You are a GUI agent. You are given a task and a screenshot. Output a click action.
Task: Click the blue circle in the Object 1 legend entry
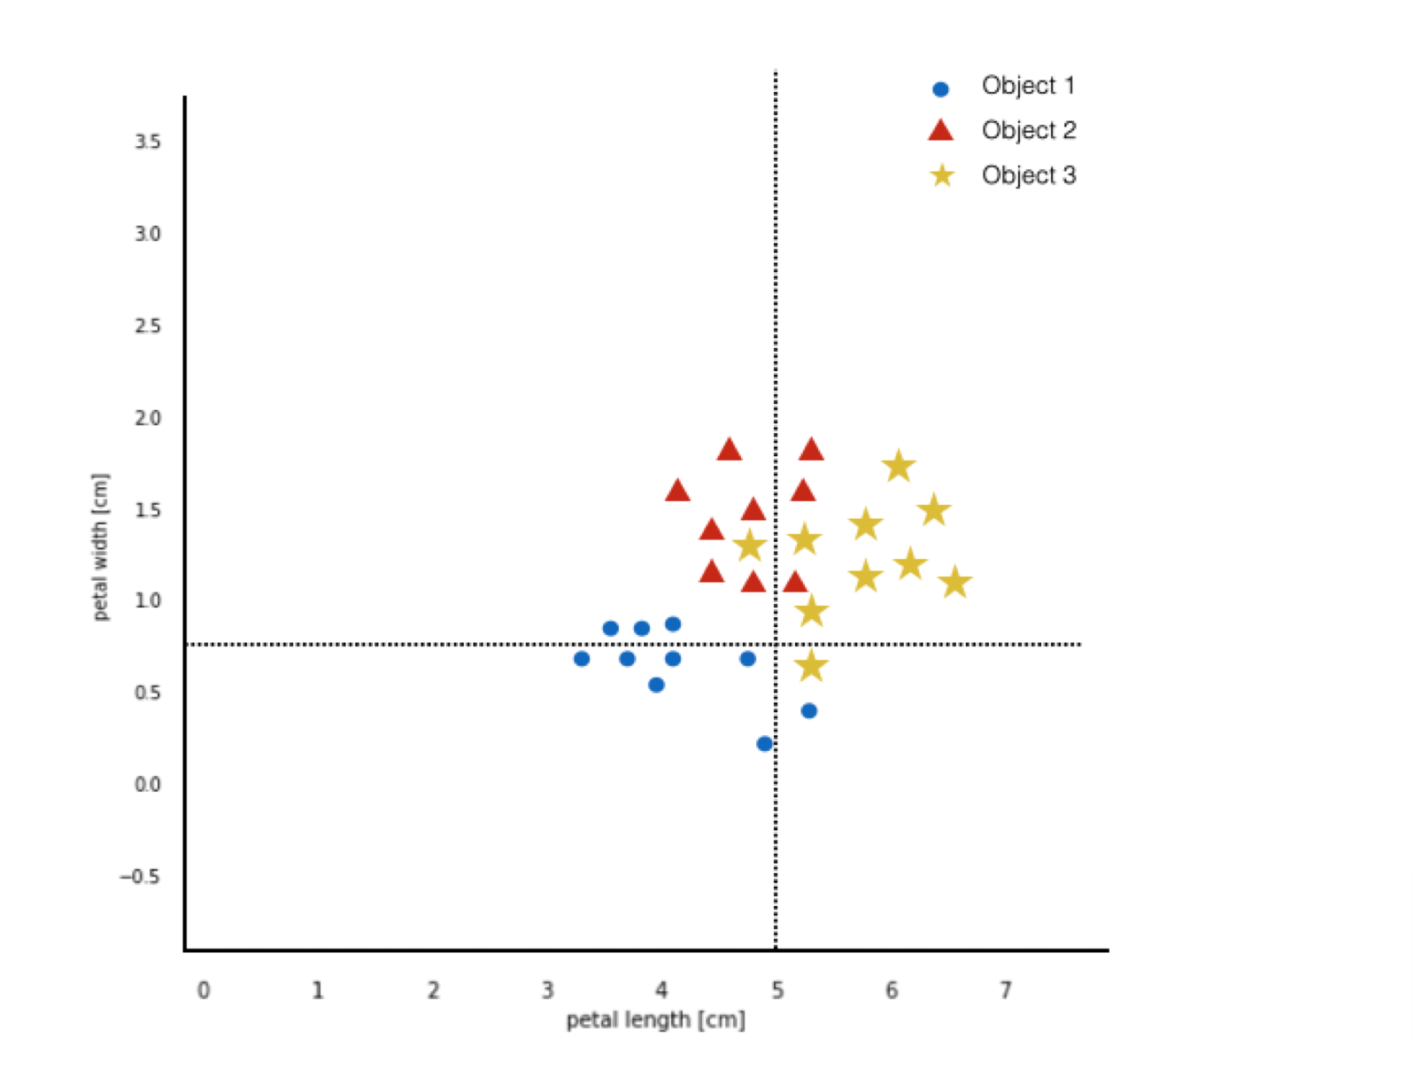pos(940,89)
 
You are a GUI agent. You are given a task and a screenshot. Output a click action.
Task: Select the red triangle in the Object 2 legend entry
pos(940,131)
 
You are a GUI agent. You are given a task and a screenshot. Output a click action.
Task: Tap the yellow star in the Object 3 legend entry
pos(942,175)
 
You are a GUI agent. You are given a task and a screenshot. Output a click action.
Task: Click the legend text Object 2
pos(1028,130)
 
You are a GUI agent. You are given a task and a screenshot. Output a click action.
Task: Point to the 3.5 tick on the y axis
pos(148,142)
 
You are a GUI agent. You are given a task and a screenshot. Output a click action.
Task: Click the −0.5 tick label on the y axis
pos(141,877)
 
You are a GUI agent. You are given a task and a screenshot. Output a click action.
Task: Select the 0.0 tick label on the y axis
pos(148,785)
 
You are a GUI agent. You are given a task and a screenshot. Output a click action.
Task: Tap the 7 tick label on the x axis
pos(1006,990)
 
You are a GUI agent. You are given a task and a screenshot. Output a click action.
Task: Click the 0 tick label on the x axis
pos(204,990)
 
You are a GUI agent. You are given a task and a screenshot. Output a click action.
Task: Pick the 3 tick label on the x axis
pos(547,990)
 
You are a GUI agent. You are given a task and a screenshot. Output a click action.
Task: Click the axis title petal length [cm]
pos(655,1020)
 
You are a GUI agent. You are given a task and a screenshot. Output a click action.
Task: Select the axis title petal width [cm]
pos(100,546)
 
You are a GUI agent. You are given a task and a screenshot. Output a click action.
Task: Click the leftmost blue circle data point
pos(582,659)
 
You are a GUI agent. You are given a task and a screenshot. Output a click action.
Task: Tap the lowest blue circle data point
pos(764,744)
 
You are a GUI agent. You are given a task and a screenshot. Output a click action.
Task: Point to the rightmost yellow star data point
pos(954,583)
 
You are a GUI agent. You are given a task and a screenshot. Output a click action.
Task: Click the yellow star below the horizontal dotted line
pos(811,666)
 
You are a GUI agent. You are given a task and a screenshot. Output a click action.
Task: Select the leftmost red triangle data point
pos(677,491)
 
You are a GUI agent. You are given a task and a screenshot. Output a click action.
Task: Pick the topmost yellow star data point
pos(899,466)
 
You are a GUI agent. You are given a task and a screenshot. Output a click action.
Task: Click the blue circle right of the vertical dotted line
pos(808,711)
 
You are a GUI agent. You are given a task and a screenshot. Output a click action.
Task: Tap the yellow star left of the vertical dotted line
pos(750,545)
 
